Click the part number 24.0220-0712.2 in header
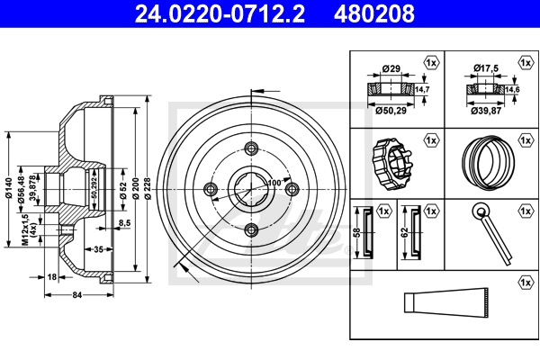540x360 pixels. pyautogui.click(x=220, y=13)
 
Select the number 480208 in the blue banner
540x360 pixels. pyautogui.click(x=374, y=13)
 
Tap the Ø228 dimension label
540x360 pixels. pyautogui.click(x=148, y=188)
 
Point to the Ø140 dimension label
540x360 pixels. pyautogui.click(x=9, y=188)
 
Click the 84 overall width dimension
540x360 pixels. pyautogui.click(x=77, y=295)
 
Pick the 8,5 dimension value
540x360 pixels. pyautogui.click(x=125, y=223)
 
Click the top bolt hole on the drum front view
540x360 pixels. pyautogui.click(x=251, y=148)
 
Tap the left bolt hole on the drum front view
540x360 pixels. pyautogui.click(x=211, y=189)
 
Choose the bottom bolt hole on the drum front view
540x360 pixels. pyautogui.click(x=251, y=229)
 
